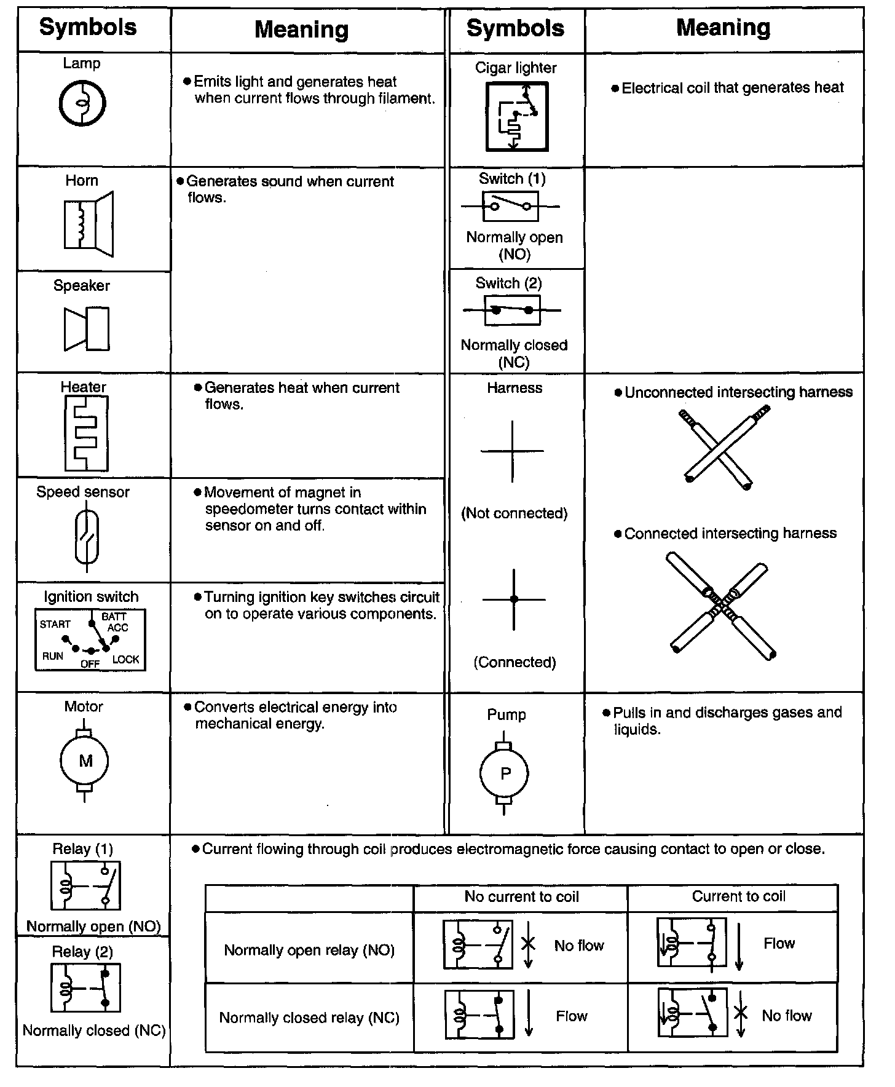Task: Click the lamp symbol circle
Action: (82, 103)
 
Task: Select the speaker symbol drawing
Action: (87, 329)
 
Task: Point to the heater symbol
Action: (86, 433)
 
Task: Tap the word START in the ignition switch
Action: (55, 624)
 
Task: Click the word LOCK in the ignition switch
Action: (126, 660)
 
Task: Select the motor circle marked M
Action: (85, 761)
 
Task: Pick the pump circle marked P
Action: (505, 773)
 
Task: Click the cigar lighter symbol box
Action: (516, 117)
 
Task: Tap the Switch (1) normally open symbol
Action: (510, 207)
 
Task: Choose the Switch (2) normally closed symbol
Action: (512, 310)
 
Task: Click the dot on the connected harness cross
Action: (514, 599)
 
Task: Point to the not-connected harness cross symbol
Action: (512, 451)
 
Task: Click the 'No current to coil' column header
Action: (521, 897)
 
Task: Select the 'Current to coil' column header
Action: (738, 896)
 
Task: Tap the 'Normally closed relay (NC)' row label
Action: (309, 1018)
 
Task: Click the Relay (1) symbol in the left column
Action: (86, 886)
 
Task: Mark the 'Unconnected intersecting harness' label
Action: (738, 392)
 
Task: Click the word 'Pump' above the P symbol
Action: (507, 714)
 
